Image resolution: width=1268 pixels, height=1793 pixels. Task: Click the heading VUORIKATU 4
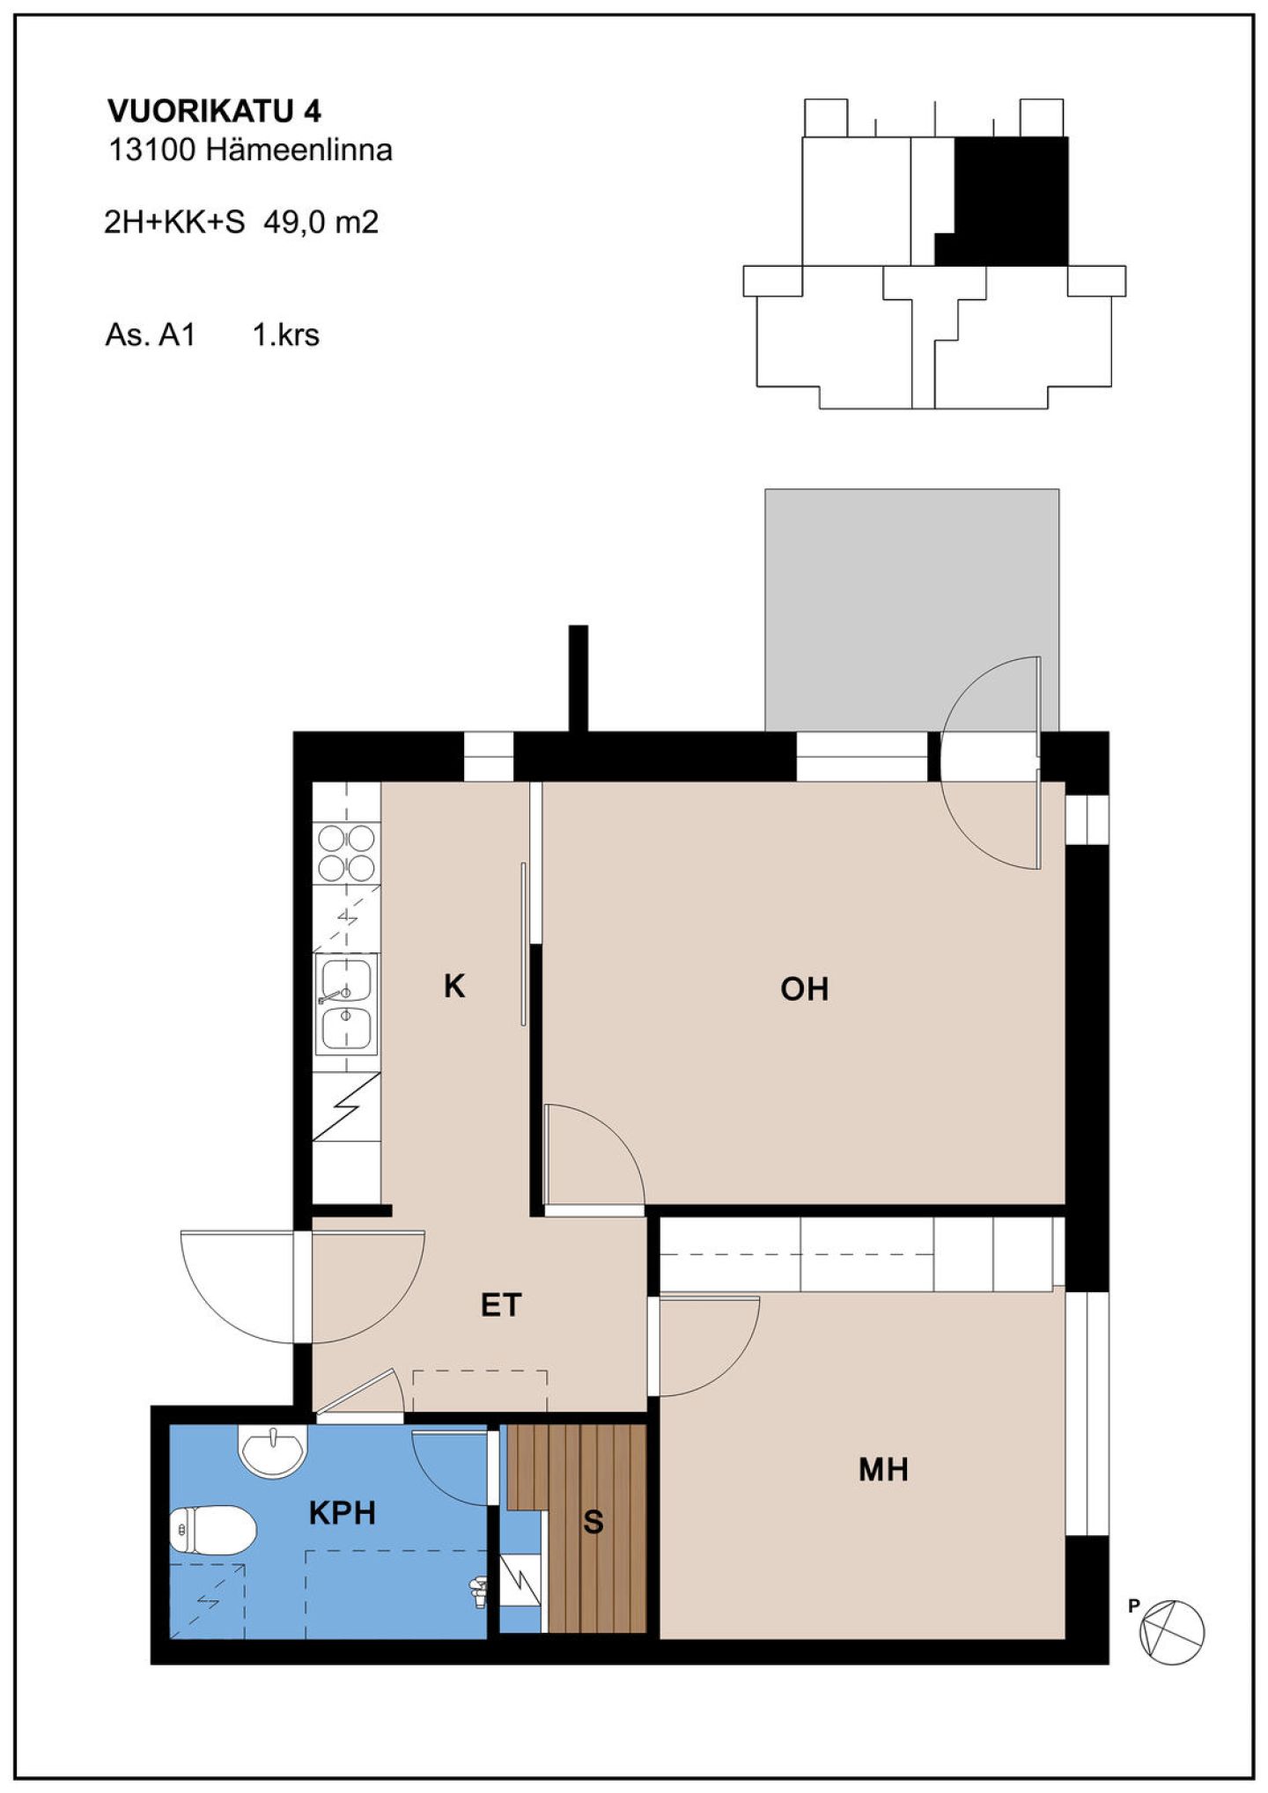[x=214, y=111]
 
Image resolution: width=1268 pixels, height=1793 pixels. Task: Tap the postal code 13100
[x=151, y=151]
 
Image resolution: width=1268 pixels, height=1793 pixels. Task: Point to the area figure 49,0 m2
[x=321, y=222]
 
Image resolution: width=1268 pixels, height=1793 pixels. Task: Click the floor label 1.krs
[x=286, y=335]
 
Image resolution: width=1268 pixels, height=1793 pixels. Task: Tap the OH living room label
[x=805, y=989]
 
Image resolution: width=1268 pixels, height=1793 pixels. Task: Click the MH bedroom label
[x=883, y=1470]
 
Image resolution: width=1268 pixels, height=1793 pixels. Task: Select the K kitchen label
[x=454, y=987]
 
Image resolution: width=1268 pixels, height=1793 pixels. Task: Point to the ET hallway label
[x=501, y=1304]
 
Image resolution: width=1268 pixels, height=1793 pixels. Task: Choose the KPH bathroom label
[x=343, y=1513]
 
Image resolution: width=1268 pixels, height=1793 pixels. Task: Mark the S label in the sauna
[x=593, y=1522]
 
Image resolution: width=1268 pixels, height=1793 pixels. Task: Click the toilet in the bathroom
[x=212, y=1530]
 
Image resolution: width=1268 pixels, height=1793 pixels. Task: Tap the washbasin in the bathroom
[x=273, y=1452]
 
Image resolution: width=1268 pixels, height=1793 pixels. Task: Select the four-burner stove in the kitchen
[x=347, y=853]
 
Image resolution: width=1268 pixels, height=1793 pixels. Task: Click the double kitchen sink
[x=347, y=1003]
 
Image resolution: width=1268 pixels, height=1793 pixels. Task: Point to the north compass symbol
[x=1172, y=1631]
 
